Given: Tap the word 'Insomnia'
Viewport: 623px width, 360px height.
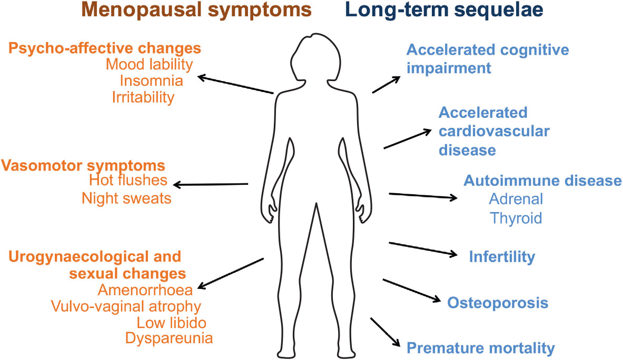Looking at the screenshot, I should click(151, 81).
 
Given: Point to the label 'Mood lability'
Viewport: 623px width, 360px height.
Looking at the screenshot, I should click(149, 65).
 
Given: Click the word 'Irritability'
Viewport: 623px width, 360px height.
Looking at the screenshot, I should click(143, 97).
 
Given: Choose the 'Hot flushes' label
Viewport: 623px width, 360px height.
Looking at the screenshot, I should click(128, 181).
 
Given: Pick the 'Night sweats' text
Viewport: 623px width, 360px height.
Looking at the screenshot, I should click(126, 198).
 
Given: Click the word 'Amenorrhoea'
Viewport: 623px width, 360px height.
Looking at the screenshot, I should click(145, 289).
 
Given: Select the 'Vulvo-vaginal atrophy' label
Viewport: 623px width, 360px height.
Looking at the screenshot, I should click(126, 306).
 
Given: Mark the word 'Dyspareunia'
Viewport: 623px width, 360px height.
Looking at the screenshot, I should click(169, 338).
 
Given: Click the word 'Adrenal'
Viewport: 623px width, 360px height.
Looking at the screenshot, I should click(516, 200).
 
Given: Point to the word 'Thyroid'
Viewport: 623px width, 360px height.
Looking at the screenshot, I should click(516, 217).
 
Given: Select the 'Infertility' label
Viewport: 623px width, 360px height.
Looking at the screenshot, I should click(502, 257).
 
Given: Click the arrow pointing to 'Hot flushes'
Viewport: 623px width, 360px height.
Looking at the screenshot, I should click(211, 185).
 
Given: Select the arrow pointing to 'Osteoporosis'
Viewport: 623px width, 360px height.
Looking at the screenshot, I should click(411, 291).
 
